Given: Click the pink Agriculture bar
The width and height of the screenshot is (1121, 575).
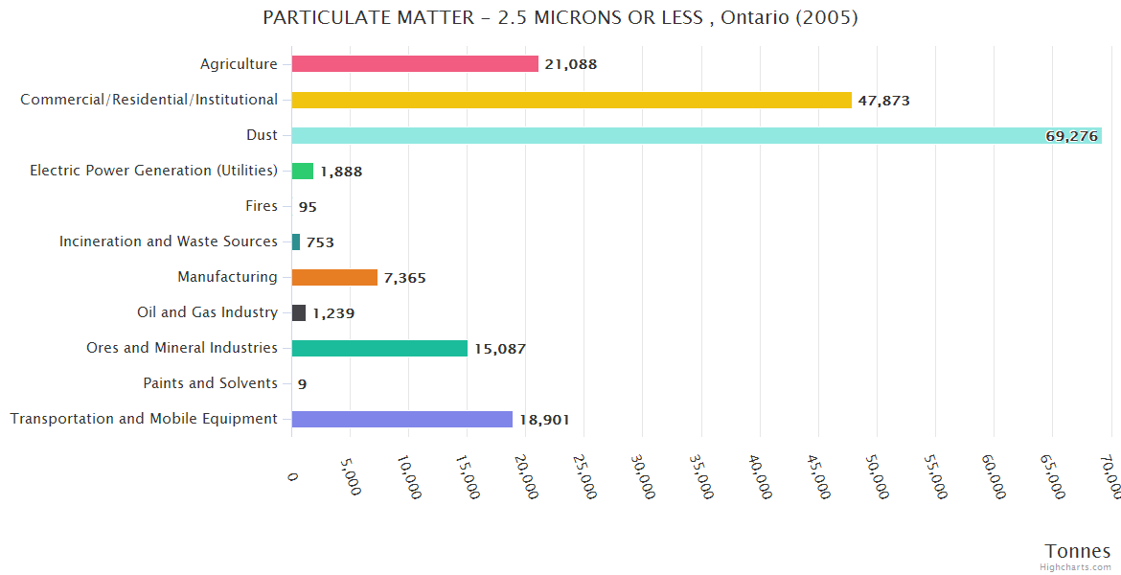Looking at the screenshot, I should pyautogui.click(x=415, y=64).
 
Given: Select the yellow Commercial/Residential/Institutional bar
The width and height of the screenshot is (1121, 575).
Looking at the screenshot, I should pyautogui.click(x=571, y=100).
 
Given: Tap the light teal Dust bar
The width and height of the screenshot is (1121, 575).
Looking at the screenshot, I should pyautogui.click(x=671, y=135).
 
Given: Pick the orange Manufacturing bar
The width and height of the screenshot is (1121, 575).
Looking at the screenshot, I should pyautogui.click(x=334, y=277).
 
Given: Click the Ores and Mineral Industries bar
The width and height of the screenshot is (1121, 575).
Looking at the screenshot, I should pyautogui.click(x=379, y=348).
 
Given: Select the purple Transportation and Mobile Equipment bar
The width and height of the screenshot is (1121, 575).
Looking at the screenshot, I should pyautogui.click(x=401, y=419).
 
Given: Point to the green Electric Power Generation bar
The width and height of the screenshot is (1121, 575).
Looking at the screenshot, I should pyautogui.click(x=303, y=171).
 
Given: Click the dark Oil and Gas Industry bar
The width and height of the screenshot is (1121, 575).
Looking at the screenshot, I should pyautogui.click(x=299, y=312).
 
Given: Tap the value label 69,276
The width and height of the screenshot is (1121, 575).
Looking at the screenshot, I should pyautogui.click(x=1071, y=136).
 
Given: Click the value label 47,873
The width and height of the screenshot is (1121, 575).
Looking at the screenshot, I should pyautogui.click(x=883, y=101).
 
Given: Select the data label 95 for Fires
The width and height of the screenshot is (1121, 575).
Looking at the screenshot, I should pyautogui.click(x=308, y=207).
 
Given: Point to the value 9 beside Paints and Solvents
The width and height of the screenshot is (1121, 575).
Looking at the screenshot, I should pyautogui.click(x=302, y=384).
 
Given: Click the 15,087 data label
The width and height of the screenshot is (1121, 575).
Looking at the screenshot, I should pyautogui.click(x=500, y=349).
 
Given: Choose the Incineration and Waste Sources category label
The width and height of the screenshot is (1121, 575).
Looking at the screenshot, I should pyautogui.click(x=169, y=241).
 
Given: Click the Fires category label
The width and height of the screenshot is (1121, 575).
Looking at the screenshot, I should pyautogui.click(x=262, y=206).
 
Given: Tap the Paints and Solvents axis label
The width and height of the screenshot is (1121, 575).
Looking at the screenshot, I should pyautogui.click(x=210, y=383).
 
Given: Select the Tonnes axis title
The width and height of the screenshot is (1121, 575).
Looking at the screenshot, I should pyautogui.click(x=1078, y=551).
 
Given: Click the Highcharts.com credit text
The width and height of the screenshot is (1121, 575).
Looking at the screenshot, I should pyautogui.click(x=1076, y=567).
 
